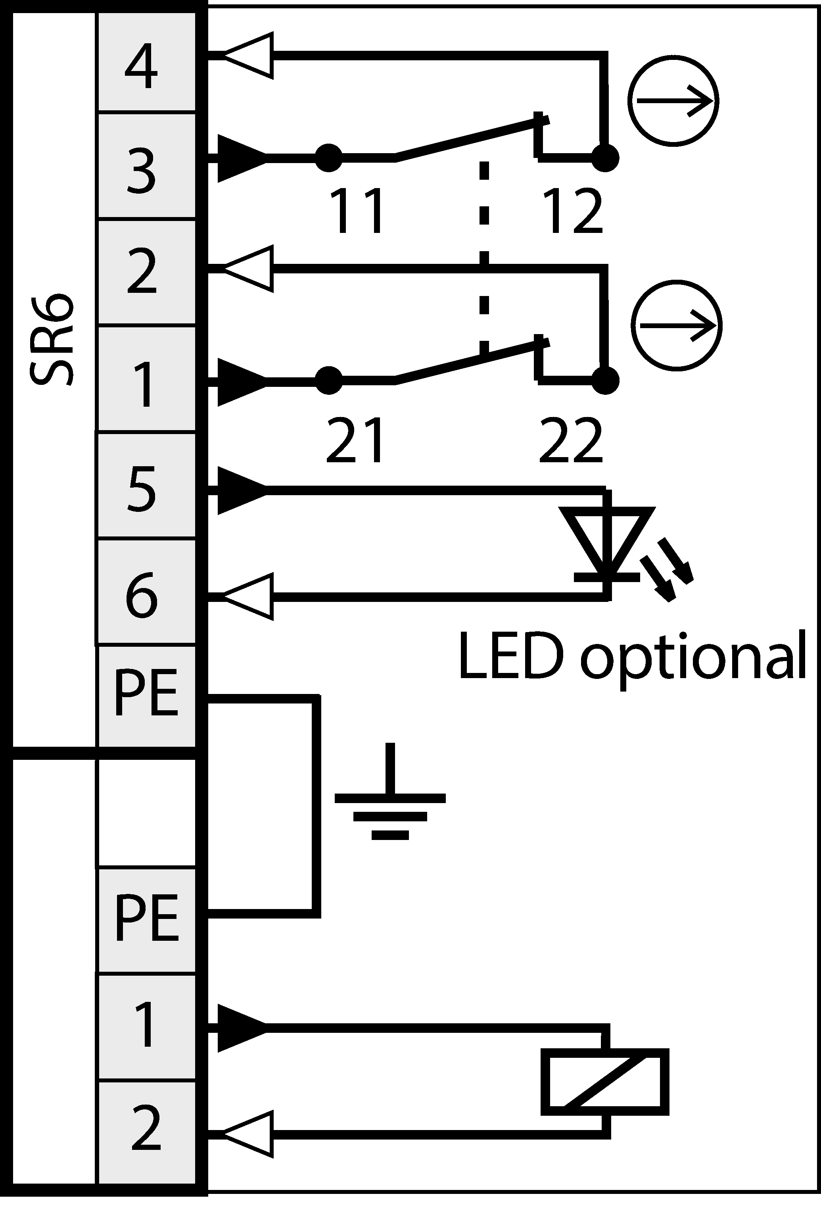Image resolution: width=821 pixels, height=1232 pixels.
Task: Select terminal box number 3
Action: click(x=147, y=167)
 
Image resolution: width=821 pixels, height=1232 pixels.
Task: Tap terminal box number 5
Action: click(x=147, y=486)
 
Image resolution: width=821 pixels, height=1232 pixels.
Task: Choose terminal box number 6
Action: click(x=147, y=592)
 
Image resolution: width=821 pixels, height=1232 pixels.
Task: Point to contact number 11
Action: click(x=357, y=211)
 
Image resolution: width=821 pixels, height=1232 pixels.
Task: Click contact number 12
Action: click(x=574, y=211)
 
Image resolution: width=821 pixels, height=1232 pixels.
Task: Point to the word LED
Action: click(x=510, y=656)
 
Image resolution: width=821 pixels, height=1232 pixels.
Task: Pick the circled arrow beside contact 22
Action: click(x=677, y=325)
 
